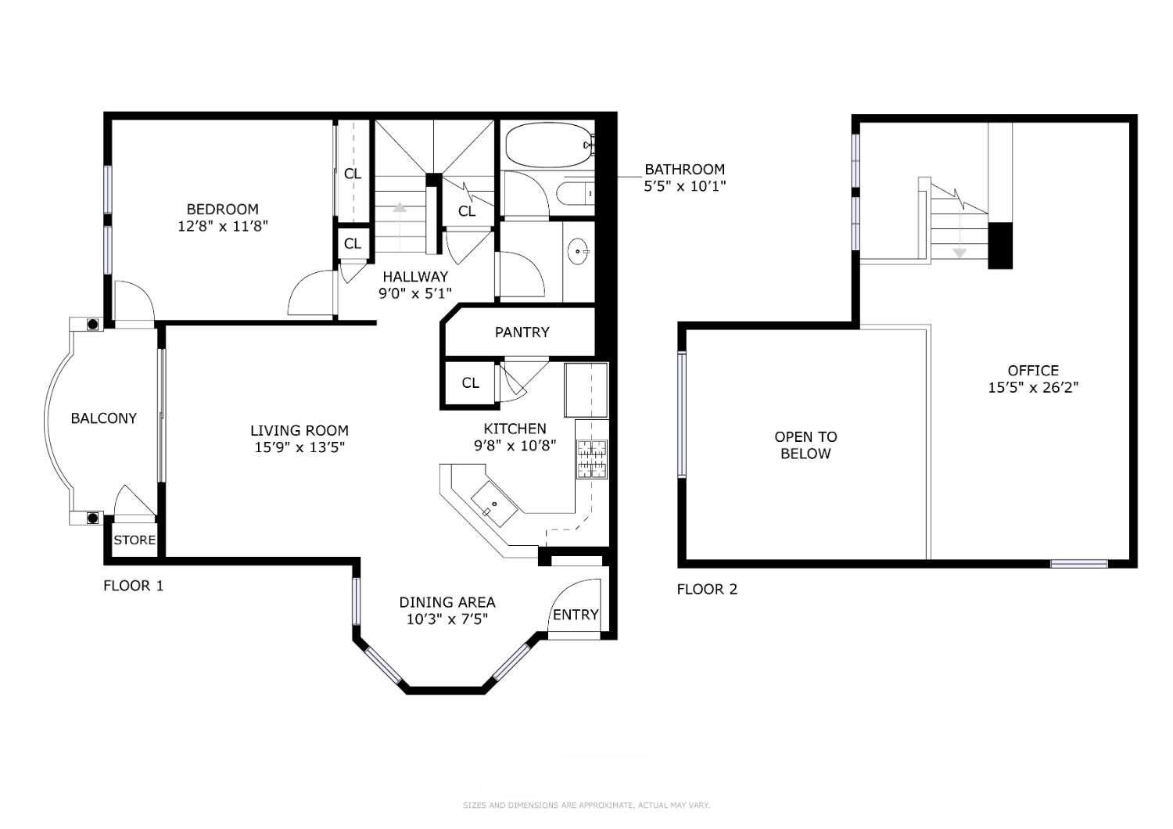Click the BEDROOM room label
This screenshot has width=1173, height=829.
pos(223,210)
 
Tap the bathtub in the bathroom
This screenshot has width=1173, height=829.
pos(550,145)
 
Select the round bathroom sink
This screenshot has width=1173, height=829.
pos(578,251)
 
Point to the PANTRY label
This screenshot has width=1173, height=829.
pos(522,332)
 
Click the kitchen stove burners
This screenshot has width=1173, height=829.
pos(592,459)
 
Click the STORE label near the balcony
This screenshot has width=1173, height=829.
pos(135,540)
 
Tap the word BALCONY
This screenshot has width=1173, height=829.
pos(104,418)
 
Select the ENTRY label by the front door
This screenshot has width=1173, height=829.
pos(576,614)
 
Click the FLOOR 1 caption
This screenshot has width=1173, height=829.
pos(134,586)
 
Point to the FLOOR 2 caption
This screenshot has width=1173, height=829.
pos(707,589)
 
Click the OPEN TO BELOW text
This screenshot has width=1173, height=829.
pos(805,445)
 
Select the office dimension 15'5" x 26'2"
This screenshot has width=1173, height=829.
pos(1033,388)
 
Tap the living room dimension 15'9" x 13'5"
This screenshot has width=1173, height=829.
pos(300,447)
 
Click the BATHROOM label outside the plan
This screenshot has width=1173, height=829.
pos(684,169)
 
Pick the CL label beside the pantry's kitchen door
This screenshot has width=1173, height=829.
pos(470,382)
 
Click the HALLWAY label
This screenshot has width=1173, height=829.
pos(415,277)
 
